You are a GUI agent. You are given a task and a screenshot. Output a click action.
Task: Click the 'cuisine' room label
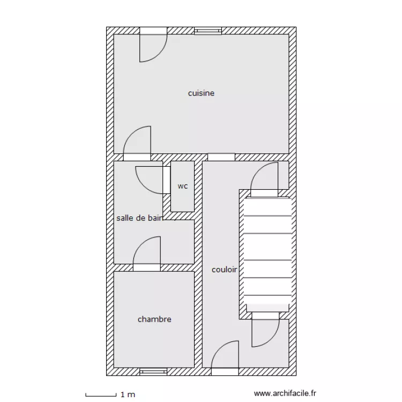click(201, 93)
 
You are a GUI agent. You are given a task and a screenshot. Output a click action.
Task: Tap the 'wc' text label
click(183, 186)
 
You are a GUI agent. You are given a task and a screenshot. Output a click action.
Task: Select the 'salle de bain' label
click(139, 218)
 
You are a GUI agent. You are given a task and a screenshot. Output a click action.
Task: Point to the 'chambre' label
click(154, 319)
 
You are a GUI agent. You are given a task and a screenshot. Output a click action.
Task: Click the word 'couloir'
click(224, 270)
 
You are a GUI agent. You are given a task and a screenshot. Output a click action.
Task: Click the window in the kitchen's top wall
click(207, 31)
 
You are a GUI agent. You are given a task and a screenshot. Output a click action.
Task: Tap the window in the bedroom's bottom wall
click(153, 371)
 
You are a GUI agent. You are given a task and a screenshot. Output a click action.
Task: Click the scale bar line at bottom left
click(101, 396)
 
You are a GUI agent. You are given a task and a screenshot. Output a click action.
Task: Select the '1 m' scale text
click(128, 394)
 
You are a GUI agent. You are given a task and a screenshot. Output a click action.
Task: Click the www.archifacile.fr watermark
click(285, 393)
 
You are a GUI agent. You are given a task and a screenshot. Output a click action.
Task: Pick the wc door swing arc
click(143, 184)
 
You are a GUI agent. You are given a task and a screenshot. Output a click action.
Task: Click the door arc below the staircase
click(272, 339)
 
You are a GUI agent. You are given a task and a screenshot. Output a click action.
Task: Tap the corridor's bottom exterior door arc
click(219, 348)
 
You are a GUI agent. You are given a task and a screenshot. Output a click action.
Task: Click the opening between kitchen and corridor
click(221, 157)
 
